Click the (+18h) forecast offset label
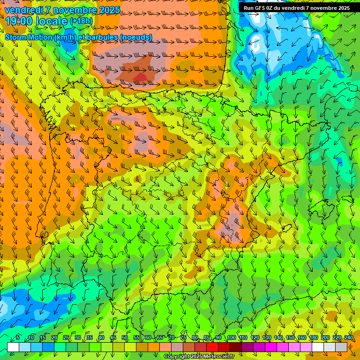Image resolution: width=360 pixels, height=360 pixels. pyautogui.click(x=81, y=21)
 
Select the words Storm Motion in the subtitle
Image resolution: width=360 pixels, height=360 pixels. pyautogui.click(x=29, y=37)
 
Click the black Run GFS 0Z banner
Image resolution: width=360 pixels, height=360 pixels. pyautogui.click(x=296, y=8)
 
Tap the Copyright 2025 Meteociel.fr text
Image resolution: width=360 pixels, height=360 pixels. pyautogui.click(x=199, y=357)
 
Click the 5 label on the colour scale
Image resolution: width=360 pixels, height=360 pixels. pyautogui.click(x=18, y=338)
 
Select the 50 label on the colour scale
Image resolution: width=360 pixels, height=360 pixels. pyautogui.click(x=125, y=338)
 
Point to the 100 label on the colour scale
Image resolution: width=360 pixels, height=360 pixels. pyautogui.click(x=232, y=338)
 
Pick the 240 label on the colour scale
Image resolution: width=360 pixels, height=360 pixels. pyautogui.click(x=349, y=338)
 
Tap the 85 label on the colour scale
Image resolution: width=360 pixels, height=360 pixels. pyautogui.click(x=207, y=338)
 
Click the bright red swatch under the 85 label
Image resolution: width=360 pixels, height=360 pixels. pyautogui.click(x=212, y=347)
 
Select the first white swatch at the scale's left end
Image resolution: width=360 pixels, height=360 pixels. pyautogui.click(x=13, y=347)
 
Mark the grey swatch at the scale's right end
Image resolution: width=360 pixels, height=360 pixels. pyautogui.click(x=341, y=347)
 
